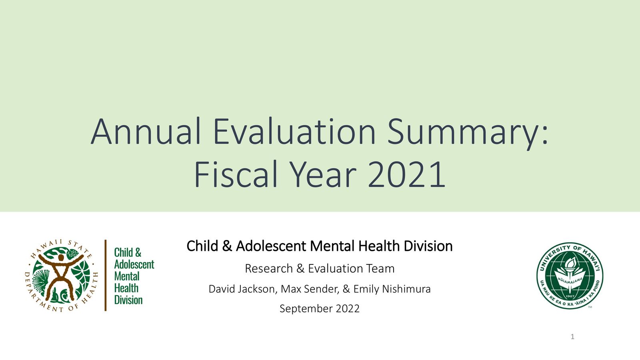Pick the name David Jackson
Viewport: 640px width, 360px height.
pyautogui.click(x=242, y=289)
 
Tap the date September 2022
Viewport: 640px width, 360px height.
pyautogui.click(x=320, y=309)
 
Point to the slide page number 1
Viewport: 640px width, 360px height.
pyautogui.click(x=572, y=337)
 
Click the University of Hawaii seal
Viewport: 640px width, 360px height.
pyautogui.click(x=570, y=276)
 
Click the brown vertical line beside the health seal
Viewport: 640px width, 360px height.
pyautogui.click(x=106, y=275)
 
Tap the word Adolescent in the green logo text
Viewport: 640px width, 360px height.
pyautogui.click(x=134, y=264)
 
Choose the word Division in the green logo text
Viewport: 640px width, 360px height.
pyautogui.click(x=128, y=300)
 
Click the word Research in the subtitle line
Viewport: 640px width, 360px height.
pyautogui.click(x=268, y=268)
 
